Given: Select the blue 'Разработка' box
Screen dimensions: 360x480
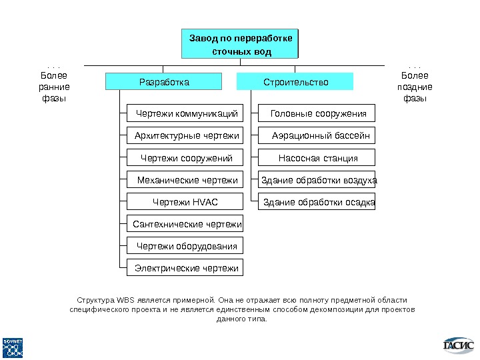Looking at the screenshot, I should (x=164, y=82).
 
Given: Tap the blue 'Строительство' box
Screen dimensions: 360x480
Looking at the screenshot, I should (x=296, y=82).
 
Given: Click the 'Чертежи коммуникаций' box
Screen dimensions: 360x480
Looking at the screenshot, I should (x=186, y=114).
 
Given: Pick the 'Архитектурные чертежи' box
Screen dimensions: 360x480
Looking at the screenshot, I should (x=186, y=136).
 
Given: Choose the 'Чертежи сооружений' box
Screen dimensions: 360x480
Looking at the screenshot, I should (x=186, y=158).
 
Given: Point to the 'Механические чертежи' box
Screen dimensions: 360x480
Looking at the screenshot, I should (x=186, y=180).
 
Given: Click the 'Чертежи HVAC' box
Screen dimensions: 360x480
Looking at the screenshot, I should (x=186, y=202).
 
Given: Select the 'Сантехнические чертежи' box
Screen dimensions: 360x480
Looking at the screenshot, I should (x=186, y=224).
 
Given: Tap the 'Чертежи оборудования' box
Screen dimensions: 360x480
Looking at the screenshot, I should (x=186, y=246).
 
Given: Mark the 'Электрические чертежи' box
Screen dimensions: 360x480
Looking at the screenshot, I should (x=186, y=268).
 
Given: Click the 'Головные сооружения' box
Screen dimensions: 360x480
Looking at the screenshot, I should (x=318, y=114).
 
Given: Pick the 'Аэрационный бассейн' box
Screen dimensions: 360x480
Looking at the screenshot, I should (x=318, y=136).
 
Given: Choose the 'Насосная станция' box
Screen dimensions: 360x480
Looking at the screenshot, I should (x=318, y=158).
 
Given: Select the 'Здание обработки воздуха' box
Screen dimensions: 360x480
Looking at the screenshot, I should (x=318, y=180).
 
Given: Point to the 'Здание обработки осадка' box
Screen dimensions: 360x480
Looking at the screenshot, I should (x=318, y=202).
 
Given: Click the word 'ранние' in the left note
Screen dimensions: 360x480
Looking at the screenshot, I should (x=55, y=87).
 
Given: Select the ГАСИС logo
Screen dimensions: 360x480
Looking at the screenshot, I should (x=459, y=345).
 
